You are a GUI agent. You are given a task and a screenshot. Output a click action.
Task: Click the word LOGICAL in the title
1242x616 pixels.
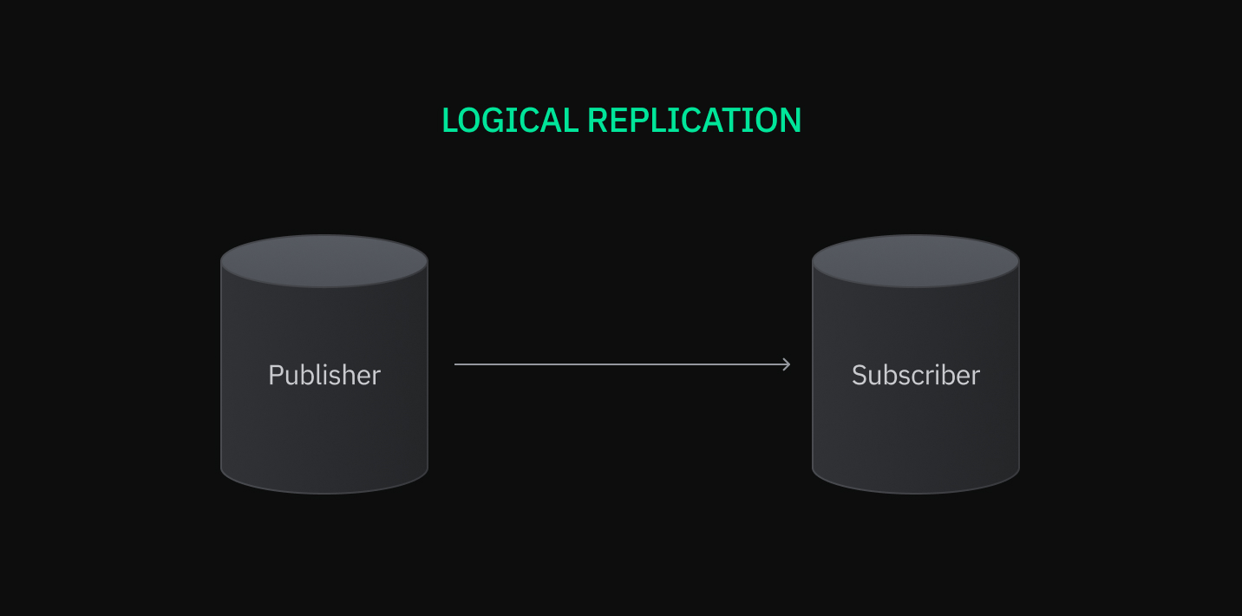510,121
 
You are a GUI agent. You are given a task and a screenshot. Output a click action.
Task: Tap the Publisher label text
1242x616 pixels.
324,375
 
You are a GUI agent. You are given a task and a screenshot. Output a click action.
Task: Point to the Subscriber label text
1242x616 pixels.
915,375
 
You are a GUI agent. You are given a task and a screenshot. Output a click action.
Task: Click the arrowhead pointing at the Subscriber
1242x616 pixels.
787,364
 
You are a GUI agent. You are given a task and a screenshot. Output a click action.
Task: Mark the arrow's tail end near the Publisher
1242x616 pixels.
457,364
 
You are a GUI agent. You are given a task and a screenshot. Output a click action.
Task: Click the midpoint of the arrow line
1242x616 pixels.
622,364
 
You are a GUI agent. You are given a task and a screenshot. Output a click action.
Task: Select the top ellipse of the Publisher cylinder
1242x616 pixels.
324,260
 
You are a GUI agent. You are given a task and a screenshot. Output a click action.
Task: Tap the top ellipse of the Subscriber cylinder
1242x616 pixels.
915,260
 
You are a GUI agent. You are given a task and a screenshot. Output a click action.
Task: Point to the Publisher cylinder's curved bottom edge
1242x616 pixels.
324,492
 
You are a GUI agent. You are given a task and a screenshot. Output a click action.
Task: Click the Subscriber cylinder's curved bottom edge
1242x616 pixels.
915,492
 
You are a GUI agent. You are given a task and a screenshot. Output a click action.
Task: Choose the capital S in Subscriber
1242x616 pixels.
860,375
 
